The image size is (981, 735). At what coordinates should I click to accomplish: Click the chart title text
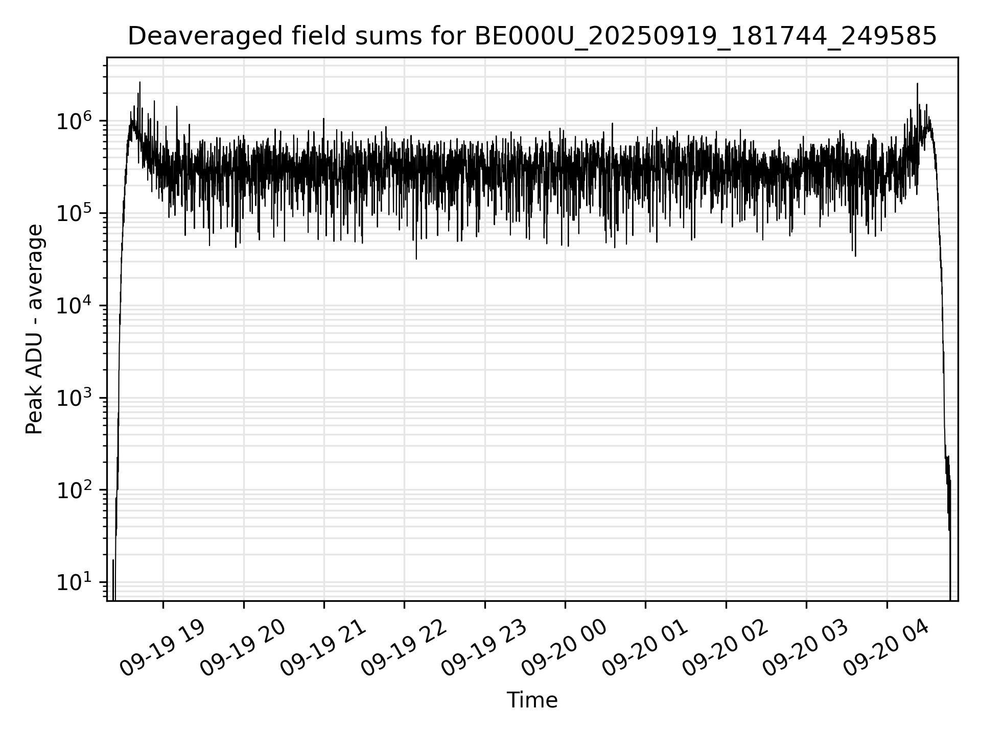pos(532,37)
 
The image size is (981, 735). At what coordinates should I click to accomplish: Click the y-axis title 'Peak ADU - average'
pos(35,330)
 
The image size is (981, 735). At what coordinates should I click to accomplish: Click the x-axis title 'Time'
pos(532,700)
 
